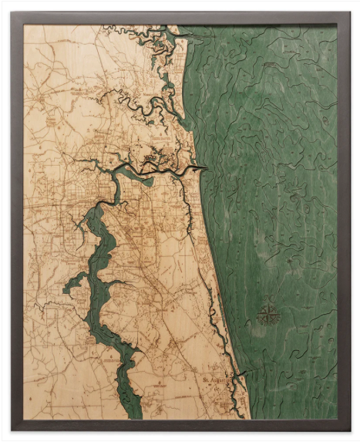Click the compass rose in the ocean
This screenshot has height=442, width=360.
point(267,314)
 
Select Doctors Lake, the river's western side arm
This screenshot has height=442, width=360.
point(77,284)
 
